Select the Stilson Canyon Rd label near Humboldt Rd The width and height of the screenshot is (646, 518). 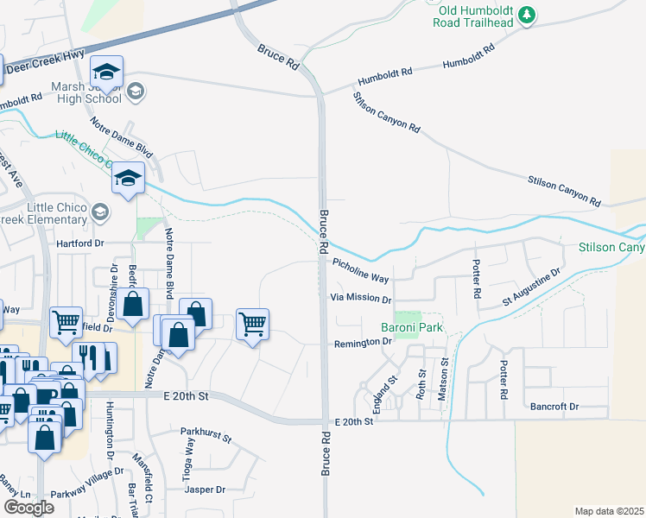(386, 111)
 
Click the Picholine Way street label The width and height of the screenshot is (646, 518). (361, 272)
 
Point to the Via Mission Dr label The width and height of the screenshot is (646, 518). (361, 298)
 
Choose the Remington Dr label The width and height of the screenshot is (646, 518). (363, 343)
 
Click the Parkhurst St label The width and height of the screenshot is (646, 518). (206, 434)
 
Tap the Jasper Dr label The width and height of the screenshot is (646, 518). (205, 490)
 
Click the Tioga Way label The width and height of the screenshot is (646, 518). (189, 452)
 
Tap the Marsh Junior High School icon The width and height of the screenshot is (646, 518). (136, 90)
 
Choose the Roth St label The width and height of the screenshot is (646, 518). (421, 385)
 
